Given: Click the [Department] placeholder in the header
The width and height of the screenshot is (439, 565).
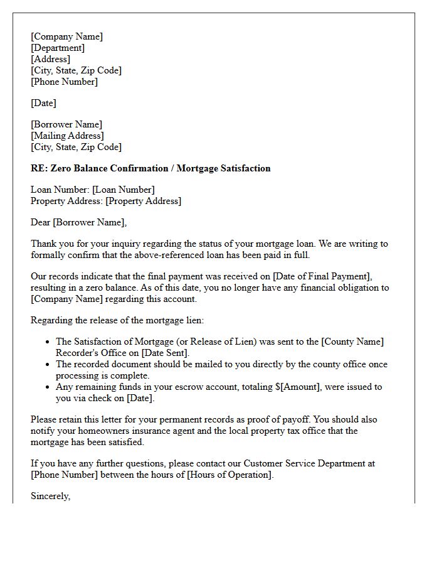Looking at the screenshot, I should tap(58, 48).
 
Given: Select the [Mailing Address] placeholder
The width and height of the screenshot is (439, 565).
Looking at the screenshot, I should tap(67, 136).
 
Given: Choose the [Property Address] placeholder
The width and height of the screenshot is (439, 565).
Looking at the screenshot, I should tap(143, 201).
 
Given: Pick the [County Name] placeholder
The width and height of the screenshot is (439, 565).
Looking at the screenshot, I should tap(352, 342).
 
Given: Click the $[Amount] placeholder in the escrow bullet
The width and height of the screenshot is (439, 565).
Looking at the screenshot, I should tap(299, 387).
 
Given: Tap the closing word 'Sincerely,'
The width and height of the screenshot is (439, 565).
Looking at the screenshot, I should tap(51, 496).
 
